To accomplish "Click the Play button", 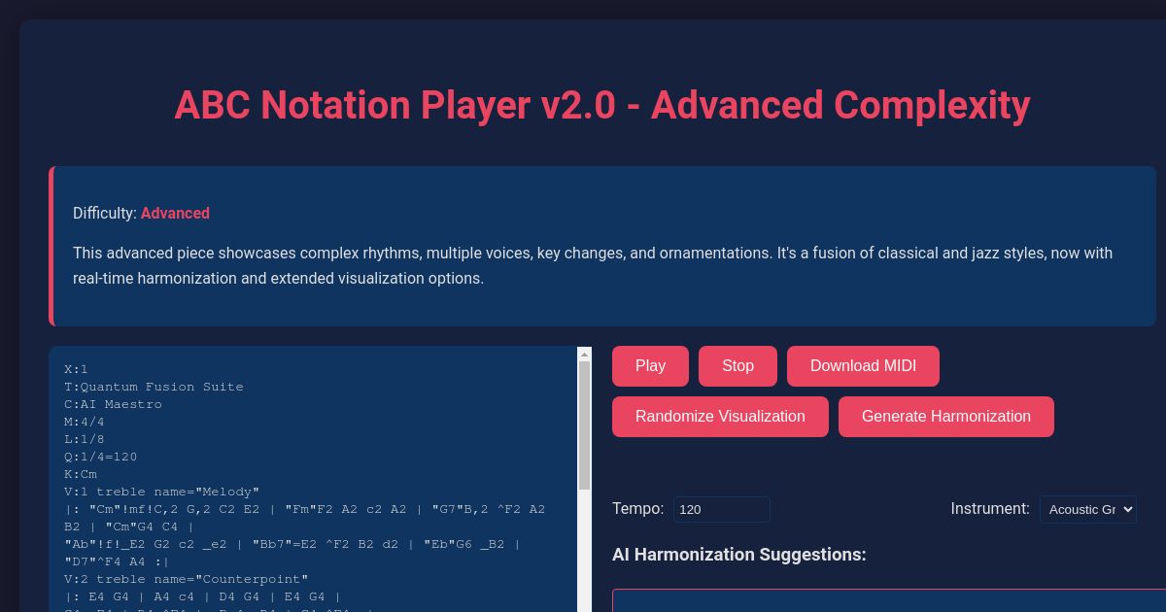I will tap(650, 366).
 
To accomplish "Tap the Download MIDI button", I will tap(863, 366).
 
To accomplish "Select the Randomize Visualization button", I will tap(720, 417).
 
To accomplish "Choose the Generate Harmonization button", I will tap(945, 417).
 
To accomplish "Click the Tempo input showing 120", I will tap(721, 510).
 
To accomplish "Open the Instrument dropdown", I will tap(1087, 510).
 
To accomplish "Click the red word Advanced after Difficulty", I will tap(175, 214).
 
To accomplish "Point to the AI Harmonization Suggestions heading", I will tap(738, 555).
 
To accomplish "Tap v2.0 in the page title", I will tap(578, 105).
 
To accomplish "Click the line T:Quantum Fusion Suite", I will tap(154, 387).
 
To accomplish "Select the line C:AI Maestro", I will tap(113, 404).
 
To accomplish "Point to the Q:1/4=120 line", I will tap(101, 457).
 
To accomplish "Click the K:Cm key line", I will tap(81, 474).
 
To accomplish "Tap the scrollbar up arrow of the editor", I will tap(584, 355).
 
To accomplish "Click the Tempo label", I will tap(637, 509).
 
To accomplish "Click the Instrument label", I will tap(989, 509).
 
